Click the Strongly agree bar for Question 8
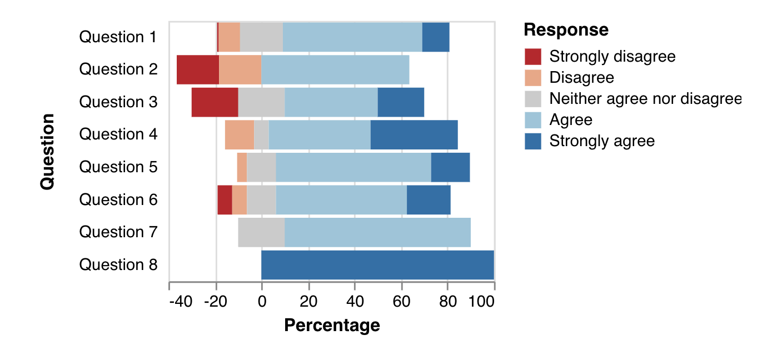[x=377, y=265]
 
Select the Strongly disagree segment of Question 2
[x=198, y=69]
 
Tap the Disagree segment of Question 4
[x=240, y=134]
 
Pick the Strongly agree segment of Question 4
[x=414, y=134]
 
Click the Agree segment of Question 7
[x=377, y=232]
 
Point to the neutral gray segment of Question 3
[x=261, y=102]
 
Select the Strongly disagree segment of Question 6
[x=225, y=200]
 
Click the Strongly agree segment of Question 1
[x=436, y=37]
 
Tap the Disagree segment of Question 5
[x=242, y=167]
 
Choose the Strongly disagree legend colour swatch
[x=532, y=57]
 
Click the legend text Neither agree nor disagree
[x=645, y=99]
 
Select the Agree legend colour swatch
[x=532, y=120]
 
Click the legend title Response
[x=566, y=29]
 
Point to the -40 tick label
[x=181, y=302]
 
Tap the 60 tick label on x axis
[x=401, y=302]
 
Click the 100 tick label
[x=482, y=302]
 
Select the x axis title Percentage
[x=332, y=325]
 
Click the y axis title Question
[x=48, y=151]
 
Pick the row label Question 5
[x=118, y=167]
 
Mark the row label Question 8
[x=118, y=265]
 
